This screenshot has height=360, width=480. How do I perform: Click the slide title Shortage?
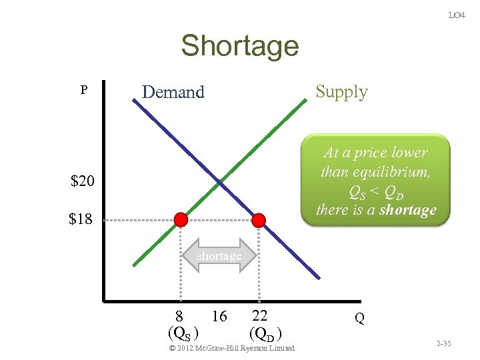point(239,46)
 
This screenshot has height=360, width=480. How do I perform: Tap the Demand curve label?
point(173,92)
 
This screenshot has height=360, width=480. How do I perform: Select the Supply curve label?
point(341,91)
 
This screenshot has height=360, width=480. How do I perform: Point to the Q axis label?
point(359,319)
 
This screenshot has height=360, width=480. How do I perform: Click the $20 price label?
point(83,181)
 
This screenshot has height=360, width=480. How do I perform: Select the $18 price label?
point(81,219)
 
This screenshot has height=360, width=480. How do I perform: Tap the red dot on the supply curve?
point(180,220)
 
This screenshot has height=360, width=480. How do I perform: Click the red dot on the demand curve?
point(259,220)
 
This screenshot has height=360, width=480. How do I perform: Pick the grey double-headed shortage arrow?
point(219,256)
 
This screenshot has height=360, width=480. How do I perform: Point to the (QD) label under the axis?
point(268,332)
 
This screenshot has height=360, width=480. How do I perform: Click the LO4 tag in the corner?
point(456,15)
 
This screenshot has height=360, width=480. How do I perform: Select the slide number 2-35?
point(443,343)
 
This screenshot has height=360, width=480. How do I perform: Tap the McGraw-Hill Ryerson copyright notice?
point(231,348)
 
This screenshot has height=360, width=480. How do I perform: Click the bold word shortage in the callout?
point(404,210)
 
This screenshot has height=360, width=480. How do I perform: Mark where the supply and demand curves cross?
point(219,181)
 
